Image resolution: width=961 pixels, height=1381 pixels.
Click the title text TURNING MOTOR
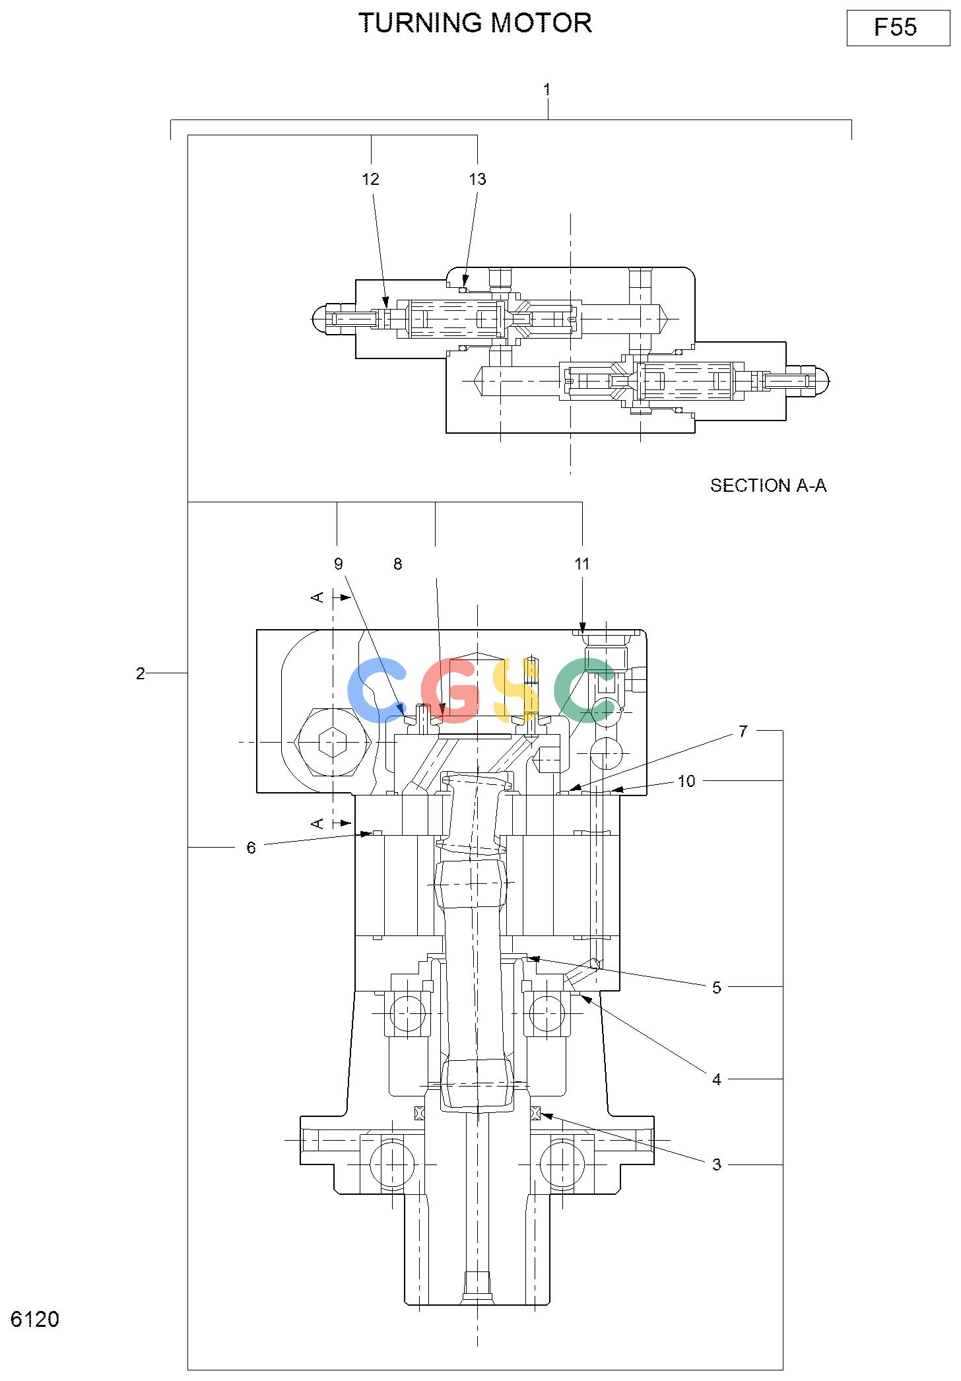pyautogui.click(x=475, y=23)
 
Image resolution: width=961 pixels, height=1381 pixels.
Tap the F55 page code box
pyautogui.click(x=898, y=28)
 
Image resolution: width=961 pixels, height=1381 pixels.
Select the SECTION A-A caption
pyautogui.click(x=768, y=485)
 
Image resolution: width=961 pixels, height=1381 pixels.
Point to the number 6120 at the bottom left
pyautogui.click(x=35, y=1319)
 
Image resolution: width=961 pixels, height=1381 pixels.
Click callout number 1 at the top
pyautogui.click(x=547, y=89)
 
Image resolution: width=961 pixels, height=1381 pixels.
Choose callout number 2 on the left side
pyautogui.click(x=140, y=673)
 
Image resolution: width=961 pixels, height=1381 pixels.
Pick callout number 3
pyautogui.click(x=717, y=1164)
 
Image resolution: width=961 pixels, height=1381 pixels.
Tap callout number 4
pyautogui.click(x=717, y=1079)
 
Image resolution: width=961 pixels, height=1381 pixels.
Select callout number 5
pyautogui.click(x=717, y=988)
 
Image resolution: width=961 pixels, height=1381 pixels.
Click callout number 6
pyautogui.click(x=251, y=848)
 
